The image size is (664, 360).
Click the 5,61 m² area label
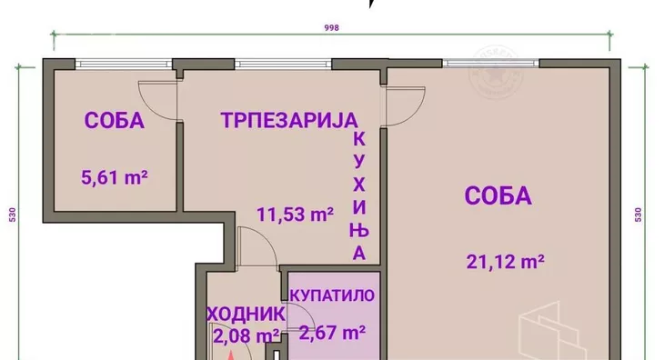click(x=115, y=179)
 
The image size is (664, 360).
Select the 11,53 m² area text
click(x=295, y=215)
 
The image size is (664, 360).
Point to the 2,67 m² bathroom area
click(x=327, y=333)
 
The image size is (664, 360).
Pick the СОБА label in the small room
click(x=115, y=120)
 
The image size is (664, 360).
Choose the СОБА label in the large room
click(x=498, y=195)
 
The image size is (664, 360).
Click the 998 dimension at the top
click(x=331, y=28)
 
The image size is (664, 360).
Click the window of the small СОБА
click(x=111, y=64)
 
